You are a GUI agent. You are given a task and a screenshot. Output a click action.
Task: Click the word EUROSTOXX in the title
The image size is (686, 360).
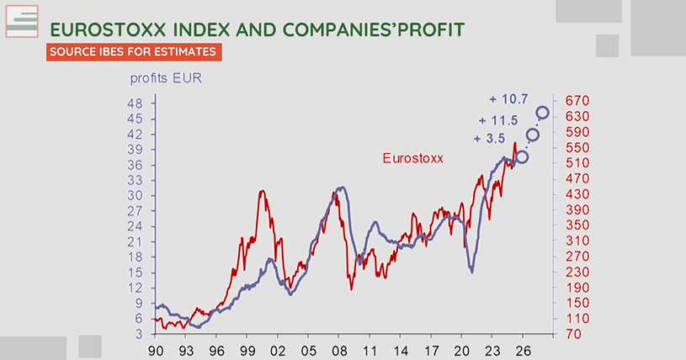pos(101,29)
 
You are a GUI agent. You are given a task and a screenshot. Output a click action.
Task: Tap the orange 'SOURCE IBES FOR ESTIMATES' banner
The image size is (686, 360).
pos(135,52)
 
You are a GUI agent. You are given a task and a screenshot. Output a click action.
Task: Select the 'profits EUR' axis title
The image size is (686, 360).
pos(165,80)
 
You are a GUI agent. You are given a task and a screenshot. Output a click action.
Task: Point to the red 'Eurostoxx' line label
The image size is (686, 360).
pos(412,157)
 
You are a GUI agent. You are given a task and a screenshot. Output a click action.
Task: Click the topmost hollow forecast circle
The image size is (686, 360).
pos(543,113)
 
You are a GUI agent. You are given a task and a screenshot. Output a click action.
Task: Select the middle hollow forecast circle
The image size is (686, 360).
pos(533,135)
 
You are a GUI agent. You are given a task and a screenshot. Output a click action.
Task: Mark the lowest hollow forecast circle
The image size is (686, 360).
pos(523,156)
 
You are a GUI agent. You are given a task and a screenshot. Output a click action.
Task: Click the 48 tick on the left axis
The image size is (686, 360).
pos(134,103)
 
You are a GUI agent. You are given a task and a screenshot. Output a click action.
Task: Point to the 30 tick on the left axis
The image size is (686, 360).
pos(134,195)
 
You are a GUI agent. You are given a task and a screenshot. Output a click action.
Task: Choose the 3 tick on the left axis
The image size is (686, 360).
pos(137,334)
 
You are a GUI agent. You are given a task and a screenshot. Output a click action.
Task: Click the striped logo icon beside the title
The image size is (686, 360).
pos(23,21)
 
